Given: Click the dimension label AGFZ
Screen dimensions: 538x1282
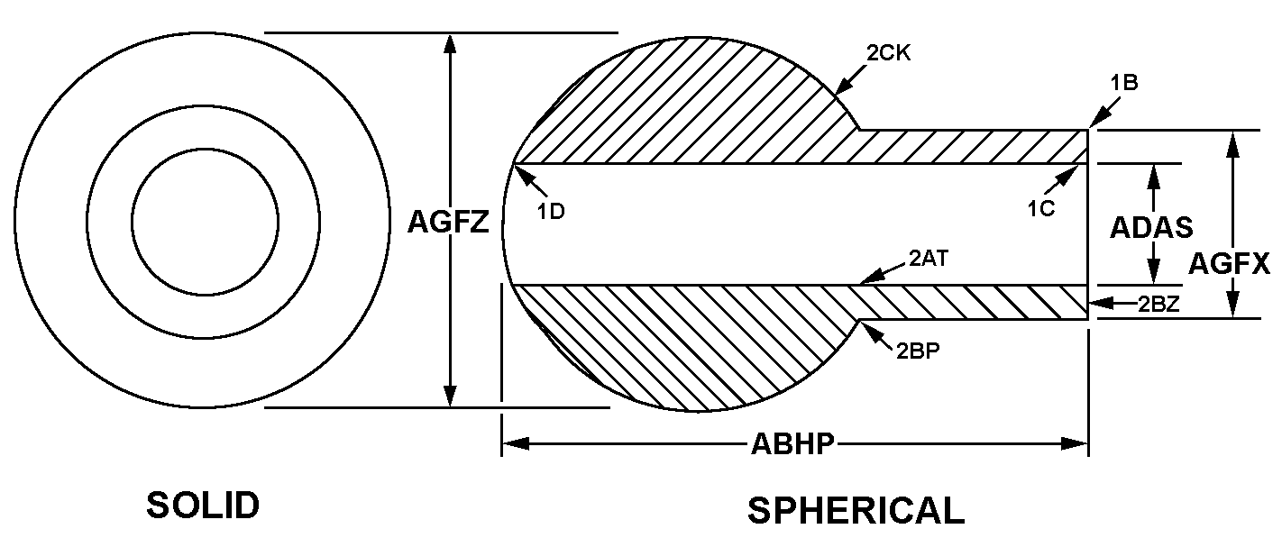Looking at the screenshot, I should coord(448,222).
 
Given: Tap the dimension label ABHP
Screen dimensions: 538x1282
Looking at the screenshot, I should coord(792,443).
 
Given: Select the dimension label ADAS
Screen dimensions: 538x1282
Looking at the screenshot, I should coord(1151,226).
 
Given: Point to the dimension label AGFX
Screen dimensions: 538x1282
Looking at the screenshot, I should coord(1229,263).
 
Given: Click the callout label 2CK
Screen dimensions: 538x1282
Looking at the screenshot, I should coord(889,53).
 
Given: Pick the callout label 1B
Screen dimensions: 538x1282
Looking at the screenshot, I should coord(1124,82).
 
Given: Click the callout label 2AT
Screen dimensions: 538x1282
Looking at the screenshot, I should coord(928,260).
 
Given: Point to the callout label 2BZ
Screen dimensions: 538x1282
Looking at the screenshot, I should coord(1158,304).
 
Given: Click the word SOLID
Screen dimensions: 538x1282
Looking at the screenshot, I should coord(203,506).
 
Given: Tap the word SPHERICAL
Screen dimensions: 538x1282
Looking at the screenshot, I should coord(856,511).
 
